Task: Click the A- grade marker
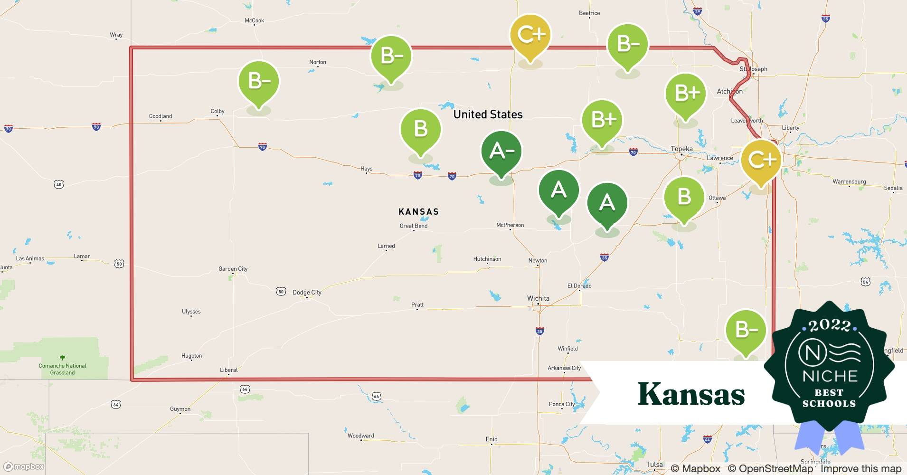(501, 152)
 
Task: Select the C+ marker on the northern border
(530, 35)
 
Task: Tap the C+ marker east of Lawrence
(761, 160)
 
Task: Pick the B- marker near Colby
(259, 82)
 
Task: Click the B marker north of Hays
(420, 129)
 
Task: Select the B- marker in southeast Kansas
(746, 330)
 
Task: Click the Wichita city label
(538, 298)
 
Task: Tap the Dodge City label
(307, 292)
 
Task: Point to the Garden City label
(233, 269)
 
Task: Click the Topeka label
(681, 149)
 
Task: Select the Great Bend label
(413, 226)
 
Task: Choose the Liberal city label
(228, 370)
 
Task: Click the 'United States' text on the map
(488, 114)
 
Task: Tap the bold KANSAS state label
(418, 212)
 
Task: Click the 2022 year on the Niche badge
(829, 325)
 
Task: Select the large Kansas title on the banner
(691, 394)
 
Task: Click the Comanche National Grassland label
(62, 369)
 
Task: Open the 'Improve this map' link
(860, 469)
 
